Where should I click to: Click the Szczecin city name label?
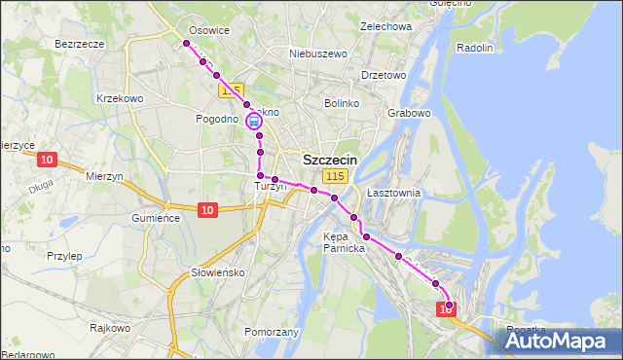pos(330,160)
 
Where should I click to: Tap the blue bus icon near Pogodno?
pos(253,122)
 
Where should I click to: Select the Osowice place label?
pos(209,30)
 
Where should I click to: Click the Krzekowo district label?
pos(121,98)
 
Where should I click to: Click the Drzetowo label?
pos(383,75)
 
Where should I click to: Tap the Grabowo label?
pos(409,113)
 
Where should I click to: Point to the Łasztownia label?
pos(393,193)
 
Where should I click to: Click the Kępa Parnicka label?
pos(344,241)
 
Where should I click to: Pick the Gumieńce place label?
pos(157,218)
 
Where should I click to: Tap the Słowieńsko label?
pos(218,271)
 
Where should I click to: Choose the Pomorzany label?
pos(272,332)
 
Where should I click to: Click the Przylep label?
pos(64,256)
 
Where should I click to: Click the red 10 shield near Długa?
pos(47,159)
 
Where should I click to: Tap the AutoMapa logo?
pos(561,341)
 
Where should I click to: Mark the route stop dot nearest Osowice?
pos(186,43)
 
